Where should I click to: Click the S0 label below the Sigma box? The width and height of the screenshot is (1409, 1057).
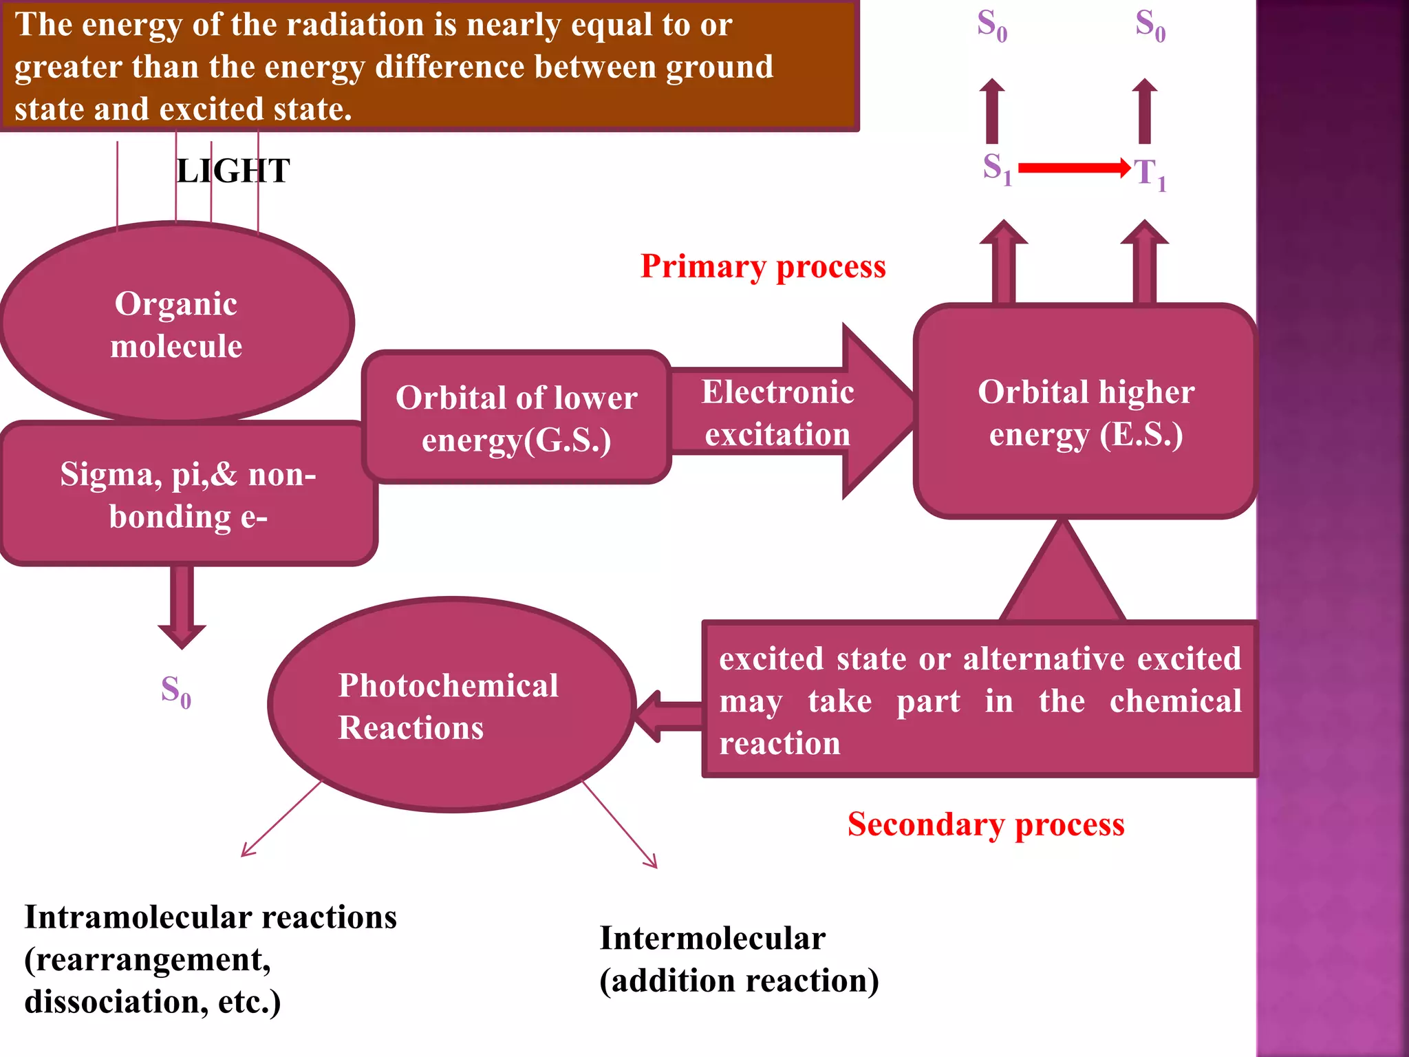click(x=175, y=691)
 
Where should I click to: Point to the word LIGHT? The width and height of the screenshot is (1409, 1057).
click(x=233, y=171)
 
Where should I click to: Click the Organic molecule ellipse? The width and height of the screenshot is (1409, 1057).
click(x=176, y=323)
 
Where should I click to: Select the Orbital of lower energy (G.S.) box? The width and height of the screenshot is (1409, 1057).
click(x=516, y=418)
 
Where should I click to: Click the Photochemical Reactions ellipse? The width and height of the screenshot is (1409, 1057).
click(x=451, y=705)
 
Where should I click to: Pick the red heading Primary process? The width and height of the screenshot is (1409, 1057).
click(x=763, y=266)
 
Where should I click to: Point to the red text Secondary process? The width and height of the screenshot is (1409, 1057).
click(x=985, y=824)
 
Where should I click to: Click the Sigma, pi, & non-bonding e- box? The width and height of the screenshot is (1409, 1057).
click(x=187, y=495)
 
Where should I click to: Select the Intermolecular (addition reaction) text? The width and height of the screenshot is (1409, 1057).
click(x=739, y=959)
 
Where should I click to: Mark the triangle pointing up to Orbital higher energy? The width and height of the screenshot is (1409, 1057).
click(x=1063, y=575)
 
